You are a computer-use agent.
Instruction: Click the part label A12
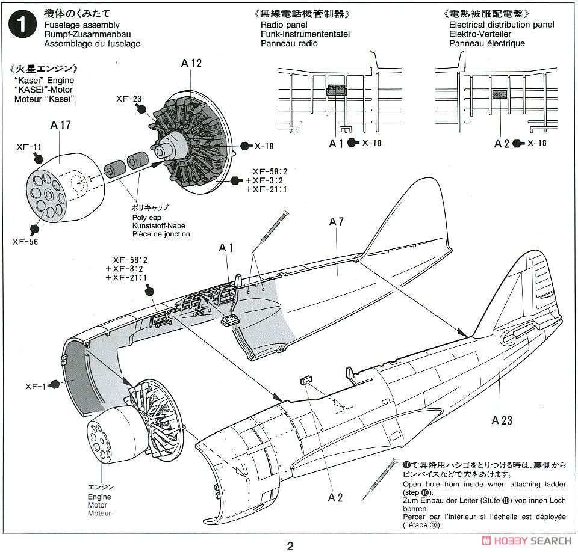[x=191, y=63]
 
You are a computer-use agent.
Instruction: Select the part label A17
[x=60, y=125]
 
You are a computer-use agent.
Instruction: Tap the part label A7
[x=337, y=222]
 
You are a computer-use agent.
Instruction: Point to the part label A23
[x=502, y=420]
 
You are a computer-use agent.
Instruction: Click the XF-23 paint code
[x=129, y=99]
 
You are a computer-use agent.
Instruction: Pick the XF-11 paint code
[x=29, y=146]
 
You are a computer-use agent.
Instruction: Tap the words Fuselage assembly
[x=82, y=25]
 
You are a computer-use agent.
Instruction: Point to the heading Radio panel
[x=284, y=25]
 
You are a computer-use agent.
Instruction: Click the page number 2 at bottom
[x=290, y=546]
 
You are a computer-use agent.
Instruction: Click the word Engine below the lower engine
[x=99, y=497]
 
